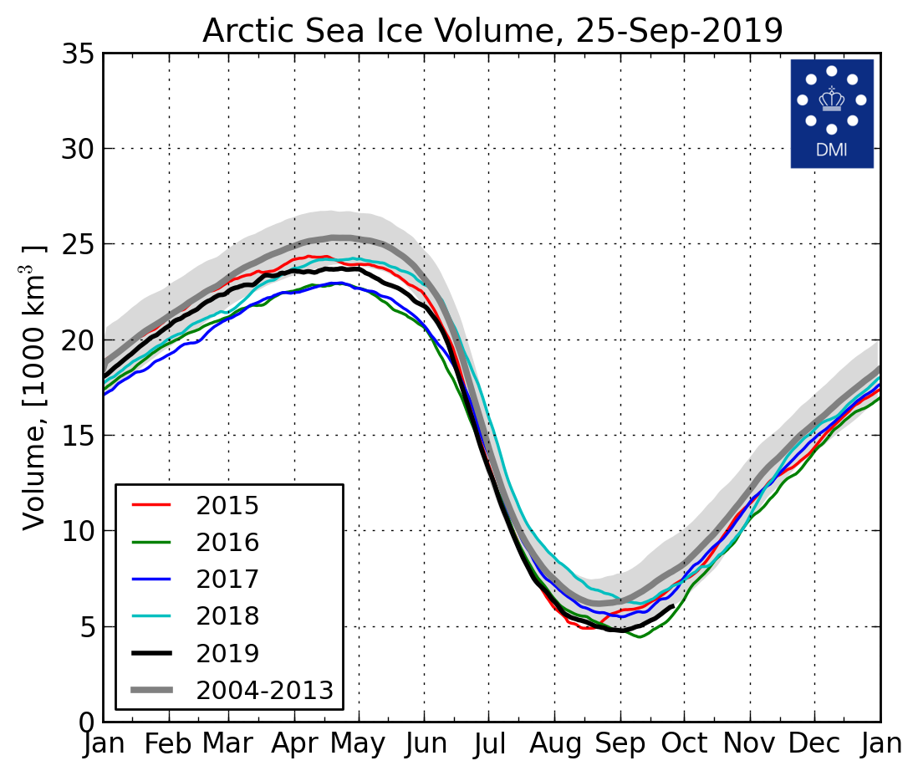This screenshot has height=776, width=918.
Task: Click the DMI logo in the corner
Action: point(831,113)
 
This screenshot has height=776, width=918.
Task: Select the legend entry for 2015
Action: point(227,506)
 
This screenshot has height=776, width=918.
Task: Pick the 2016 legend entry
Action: point(227,543)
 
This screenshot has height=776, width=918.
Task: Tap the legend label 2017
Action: point(227,579)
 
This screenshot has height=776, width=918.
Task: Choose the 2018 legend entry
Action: point(227,616)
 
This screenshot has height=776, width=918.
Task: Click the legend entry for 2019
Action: point(227,653)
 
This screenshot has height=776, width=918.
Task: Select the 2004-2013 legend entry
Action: point(264,690)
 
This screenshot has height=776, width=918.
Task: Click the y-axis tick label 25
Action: point(79,245)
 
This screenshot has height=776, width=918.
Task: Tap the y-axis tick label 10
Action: point(79,531)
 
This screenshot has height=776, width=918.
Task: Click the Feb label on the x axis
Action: point(169,743)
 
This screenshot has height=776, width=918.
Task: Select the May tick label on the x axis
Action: point(359,743)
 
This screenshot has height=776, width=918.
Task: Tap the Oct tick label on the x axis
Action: point(684,743)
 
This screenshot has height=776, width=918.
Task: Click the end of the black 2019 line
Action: point(673,607)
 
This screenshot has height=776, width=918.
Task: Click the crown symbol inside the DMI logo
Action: point(831,99)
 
